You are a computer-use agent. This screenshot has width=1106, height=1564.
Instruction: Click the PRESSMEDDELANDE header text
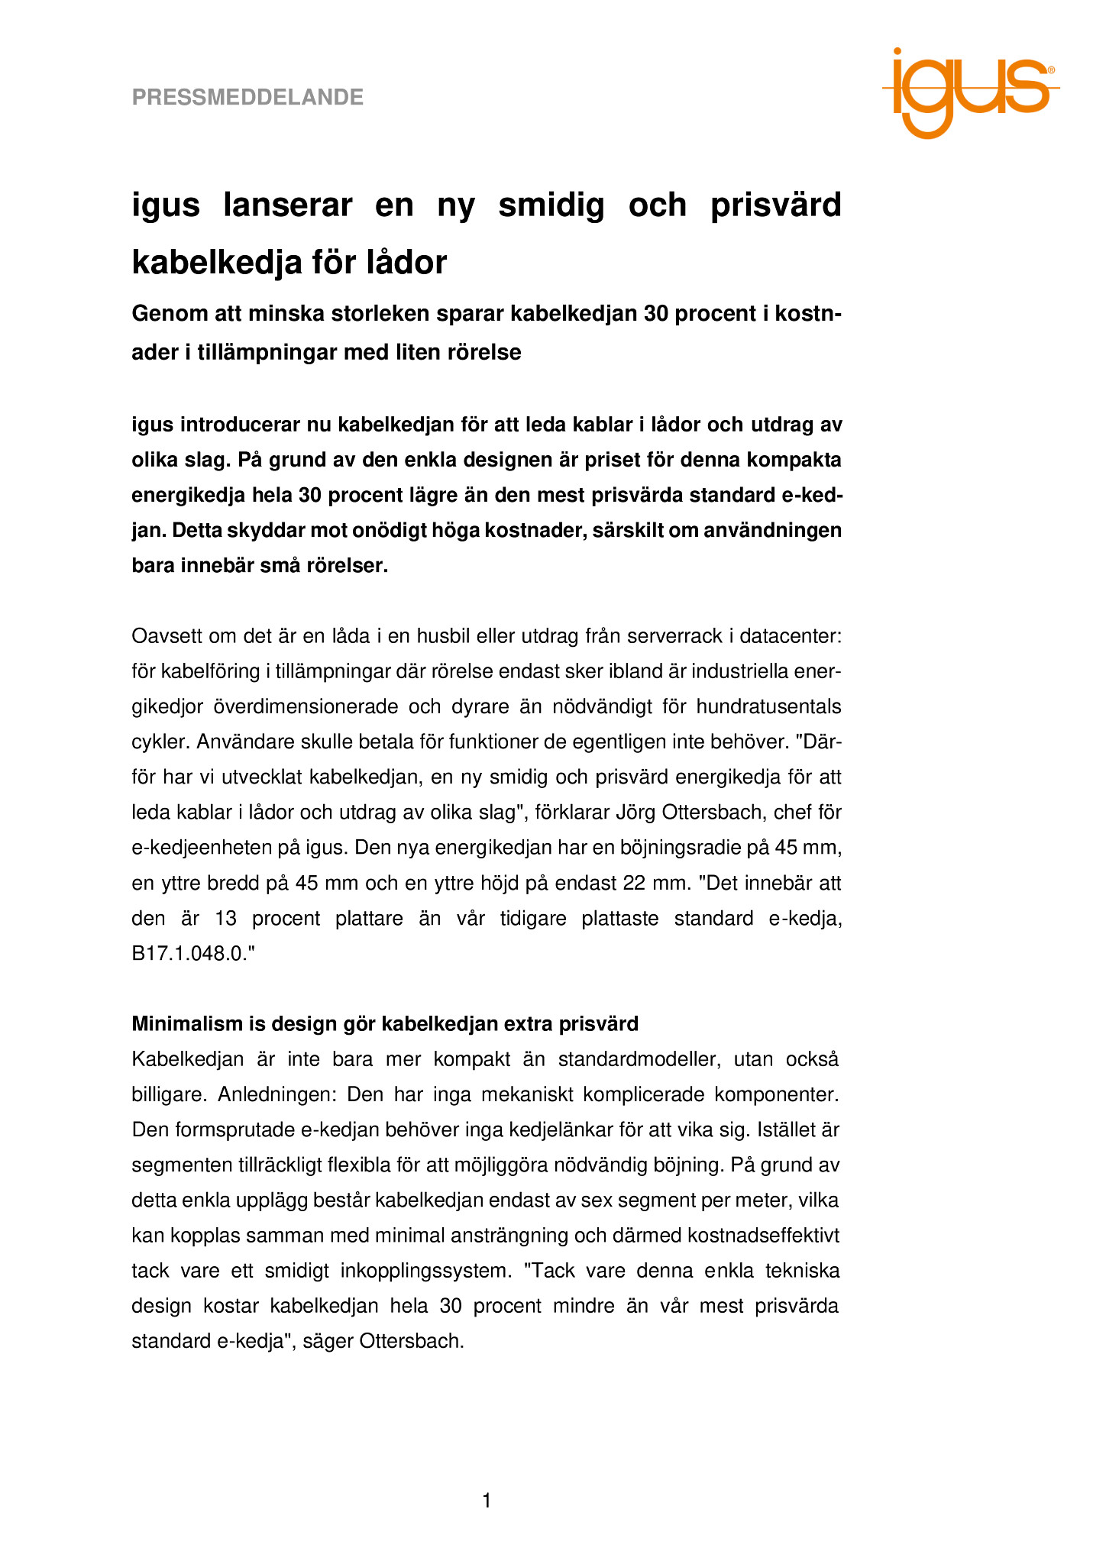coord(247,97)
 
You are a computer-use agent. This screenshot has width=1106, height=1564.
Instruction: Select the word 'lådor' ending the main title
coord(409,263)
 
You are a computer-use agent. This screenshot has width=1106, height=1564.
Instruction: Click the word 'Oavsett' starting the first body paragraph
coord(166,636)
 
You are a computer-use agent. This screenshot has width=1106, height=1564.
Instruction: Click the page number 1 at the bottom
coord(487,1501)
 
